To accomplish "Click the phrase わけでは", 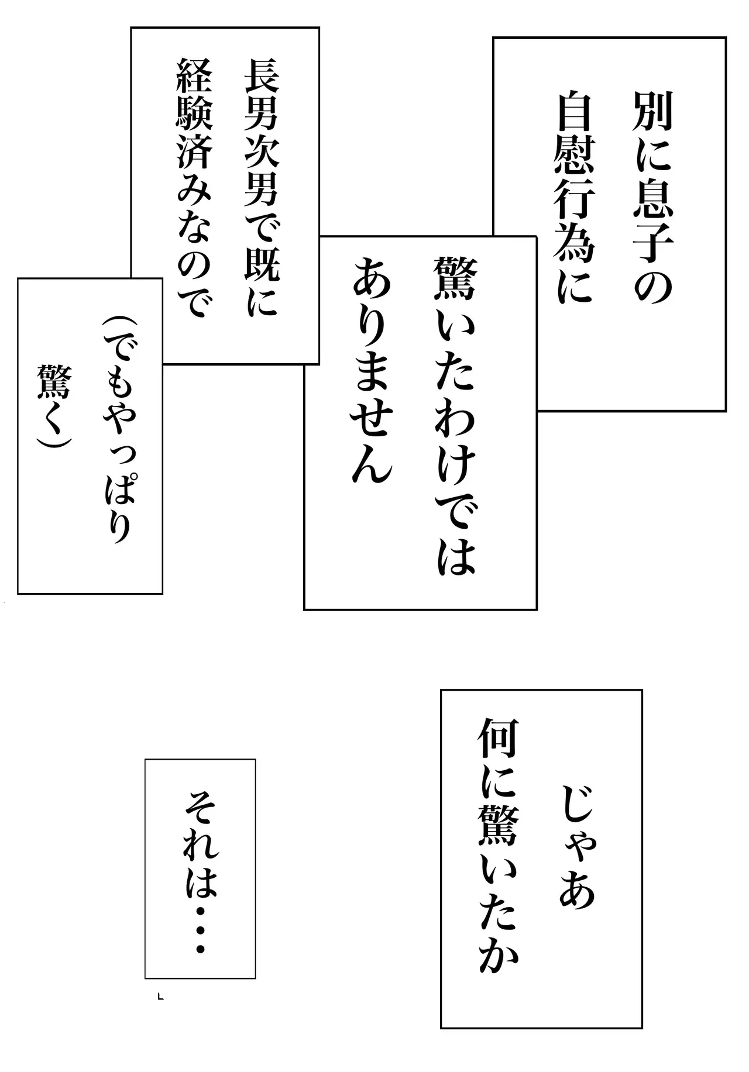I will tap(455, 487).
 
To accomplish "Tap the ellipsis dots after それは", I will tap(201, 931).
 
